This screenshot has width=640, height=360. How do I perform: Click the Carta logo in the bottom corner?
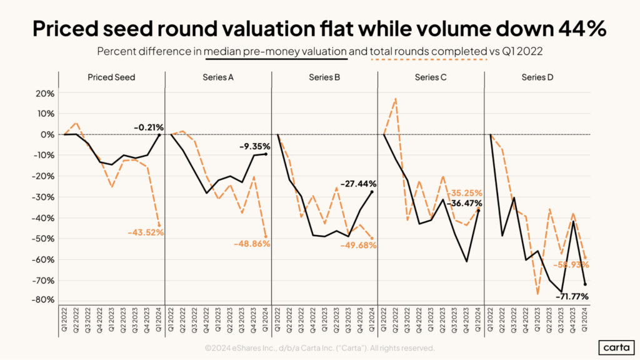[614, 347]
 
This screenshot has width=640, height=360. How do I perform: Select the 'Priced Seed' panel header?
[112, 77]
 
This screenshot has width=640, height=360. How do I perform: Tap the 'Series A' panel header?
[218, 77]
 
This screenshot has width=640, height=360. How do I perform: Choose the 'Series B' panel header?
[324, 77]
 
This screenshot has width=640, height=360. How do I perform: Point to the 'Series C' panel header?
[431, 77]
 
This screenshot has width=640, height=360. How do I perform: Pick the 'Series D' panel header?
[537, 77]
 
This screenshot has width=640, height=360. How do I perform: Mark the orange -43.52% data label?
[145, 232]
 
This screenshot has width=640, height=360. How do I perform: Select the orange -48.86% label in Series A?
[252, 244]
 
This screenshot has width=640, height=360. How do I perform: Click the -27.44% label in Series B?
[358, 184]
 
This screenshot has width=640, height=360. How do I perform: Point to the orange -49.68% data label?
[358, 245]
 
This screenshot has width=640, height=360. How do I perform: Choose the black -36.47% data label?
[464, 203]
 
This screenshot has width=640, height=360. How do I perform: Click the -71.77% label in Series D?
[570, 296]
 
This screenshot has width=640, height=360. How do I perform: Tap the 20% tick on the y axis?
[45, 93]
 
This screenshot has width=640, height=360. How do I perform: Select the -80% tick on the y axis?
[43, 300]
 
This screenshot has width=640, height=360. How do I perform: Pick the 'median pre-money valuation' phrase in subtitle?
[276, 52]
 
